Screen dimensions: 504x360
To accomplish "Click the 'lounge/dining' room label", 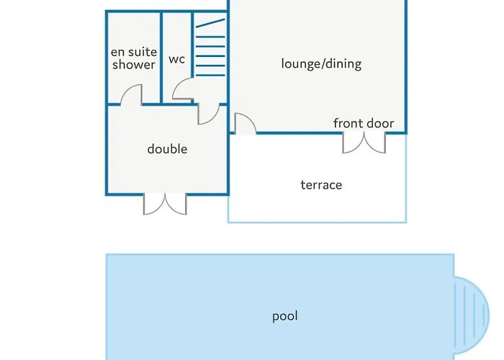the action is [321, 64].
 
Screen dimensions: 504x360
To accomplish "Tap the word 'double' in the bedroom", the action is [167, 149].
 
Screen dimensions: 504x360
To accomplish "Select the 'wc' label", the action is [177, 60].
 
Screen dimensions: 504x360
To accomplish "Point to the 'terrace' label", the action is [321, 185].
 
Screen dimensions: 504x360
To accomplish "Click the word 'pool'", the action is [285, 316].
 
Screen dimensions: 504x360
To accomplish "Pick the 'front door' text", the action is [364, 123].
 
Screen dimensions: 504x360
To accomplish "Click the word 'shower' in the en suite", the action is [134, 65].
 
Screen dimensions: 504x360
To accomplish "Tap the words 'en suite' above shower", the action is [134, 52].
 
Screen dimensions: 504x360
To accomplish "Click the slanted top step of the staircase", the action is [210, 23].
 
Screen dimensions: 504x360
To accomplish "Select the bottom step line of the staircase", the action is [210, 75].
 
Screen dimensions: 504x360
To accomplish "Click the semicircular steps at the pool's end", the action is [472, 315].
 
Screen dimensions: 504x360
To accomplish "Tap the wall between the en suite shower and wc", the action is [161, 58].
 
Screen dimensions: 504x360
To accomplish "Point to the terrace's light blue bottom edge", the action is [317, 222].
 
